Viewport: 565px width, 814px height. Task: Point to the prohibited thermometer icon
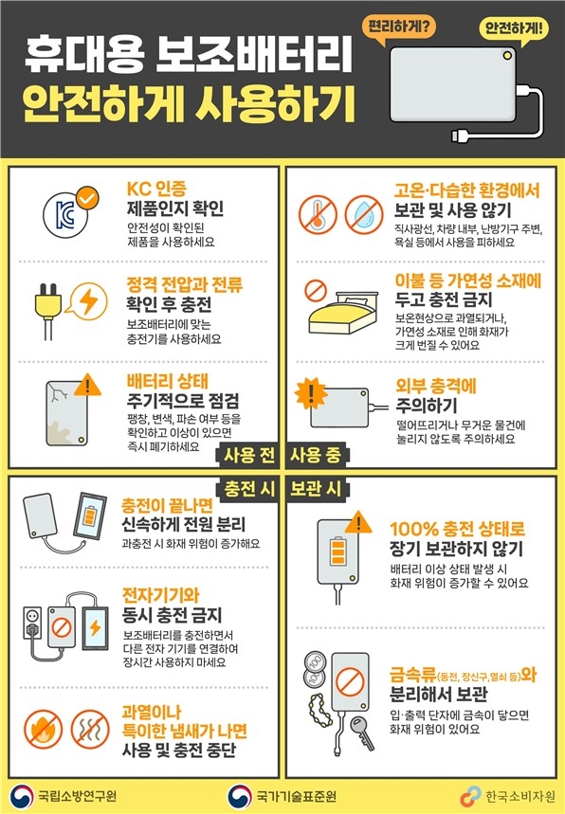click(x=318, y=215)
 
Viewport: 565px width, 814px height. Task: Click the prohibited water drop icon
click(x=363, y=215)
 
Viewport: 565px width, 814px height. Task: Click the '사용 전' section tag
click(x=248, y=455)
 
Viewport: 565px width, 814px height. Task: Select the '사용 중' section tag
click(x=317, y=455)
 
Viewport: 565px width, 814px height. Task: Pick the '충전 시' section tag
click(x=248, y=489)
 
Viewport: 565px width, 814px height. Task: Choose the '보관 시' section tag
click(x=317, y=489)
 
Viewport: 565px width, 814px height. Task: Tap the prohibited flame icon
click(x=43, y=730)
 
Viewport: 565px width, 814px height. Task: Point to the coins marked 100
click(x=315, y=670)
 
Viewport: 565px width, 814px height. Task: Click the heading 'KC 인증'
click(x=156, y=189)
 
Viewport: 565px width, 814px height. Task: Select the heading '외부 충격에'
click(x=436, y=386)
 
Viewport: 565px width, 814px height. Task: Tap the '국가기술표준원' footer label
click(x=296, y=796)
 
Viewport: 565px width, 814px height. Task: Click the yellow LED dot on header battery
click(x=507, y=56)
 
